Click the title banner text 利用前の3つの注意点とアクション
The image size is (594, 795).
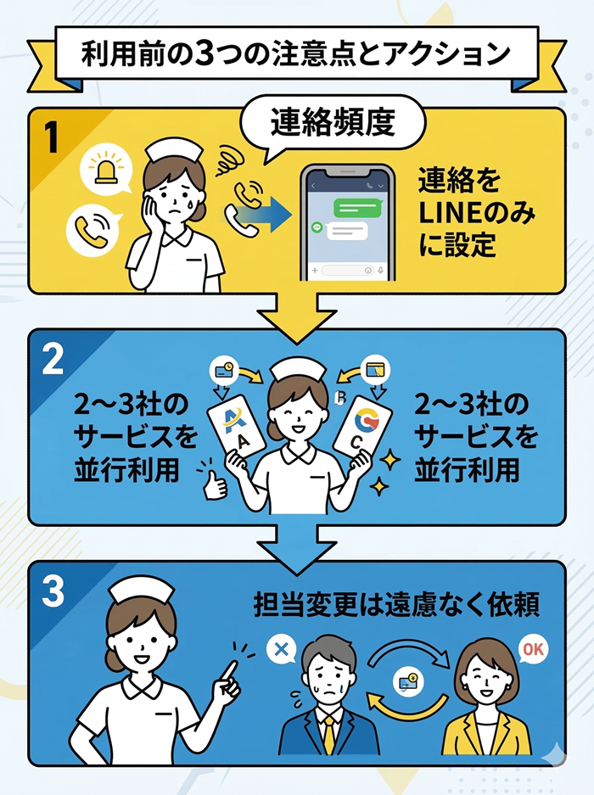296,53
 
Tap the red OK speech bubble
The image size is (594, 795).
532,650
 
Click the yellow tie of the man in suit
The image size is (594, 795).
328,735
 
